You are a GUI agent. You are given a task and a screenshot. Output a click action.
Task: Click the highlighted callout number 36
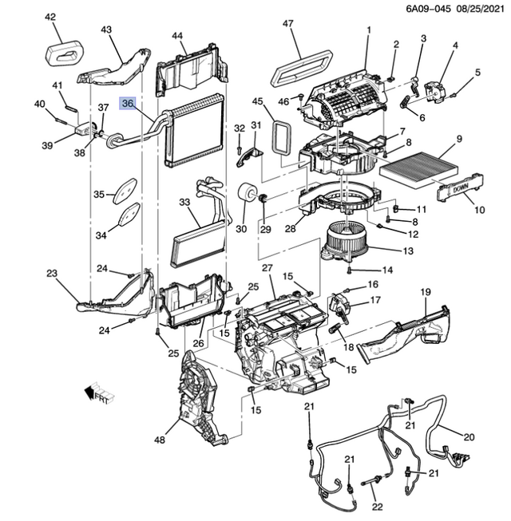128,103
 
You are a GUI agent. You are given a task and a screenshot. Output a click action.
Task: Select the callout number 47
289,24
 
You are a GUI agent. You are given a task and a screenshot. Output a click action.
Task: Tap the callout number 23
53,274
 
